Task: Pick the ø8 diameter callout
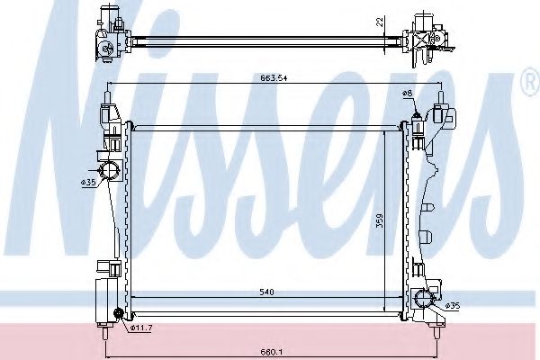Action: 409,92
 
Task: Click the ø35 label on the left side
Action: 88,183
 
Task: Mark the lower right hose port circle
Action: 423,300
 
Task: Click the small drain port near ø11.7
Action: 118,312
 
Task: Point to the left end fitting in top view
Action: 107,36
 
